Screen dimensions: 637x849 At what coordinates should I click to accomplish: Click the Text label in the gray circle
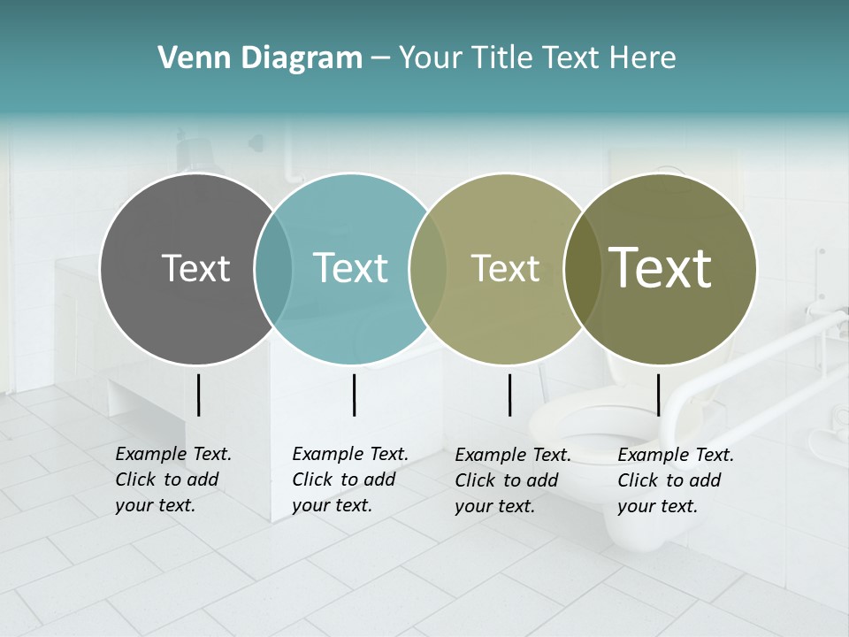coord(195,268)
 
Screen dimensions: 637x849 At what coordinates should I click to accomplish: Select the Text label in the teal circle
coord(350,268)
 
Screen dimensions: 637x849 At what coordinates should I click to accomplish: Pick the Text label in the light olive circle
coord(505,268)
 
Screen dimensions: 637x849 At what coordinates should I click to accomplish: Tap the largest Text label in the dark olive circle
coord(660,267)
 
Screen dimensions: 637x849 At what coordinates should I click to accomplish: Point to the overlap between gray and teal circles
coord(273,269)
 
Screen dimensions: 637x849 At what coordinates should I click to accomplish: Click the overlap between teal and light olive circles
coord(428,269)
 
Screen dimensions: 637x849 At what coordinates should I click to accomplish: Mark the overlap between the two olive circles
coord(583,269)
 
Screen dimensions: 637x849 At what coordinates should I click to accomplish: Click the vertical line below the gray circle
coord(199,395)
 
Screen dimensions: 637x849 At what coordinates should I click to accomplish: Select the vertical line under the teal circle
coord(354,395)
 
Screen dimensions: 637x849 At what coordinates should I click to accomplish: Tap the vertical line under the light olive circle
coord(510,395)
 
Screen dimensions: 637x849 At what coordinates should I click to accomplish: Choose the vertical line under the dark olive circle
coord(658,395)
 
